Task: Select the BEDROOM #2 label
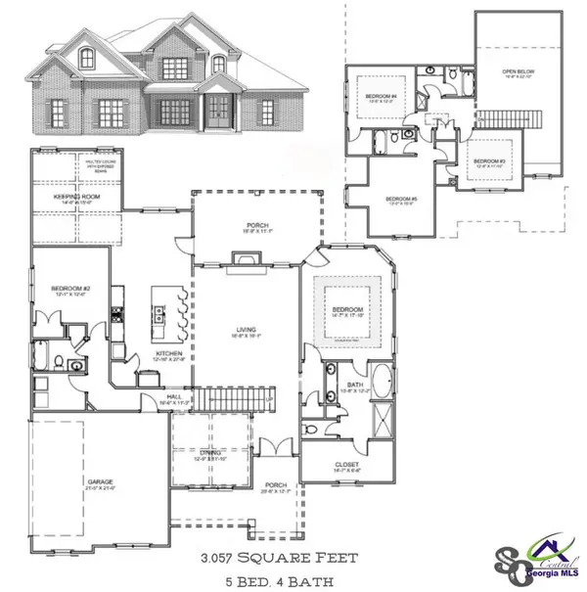[x=70, y=288]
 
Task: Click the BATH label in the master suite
[x=355, y=386]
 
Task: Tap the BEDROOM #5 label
[x=402, y=200]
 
